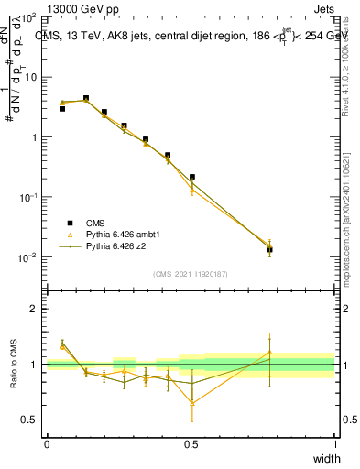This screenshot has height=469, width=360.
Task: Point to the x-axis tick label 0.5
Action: (x=191, y=444)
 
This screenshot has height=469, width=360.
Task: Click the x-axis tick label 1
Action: (x=334, y=444)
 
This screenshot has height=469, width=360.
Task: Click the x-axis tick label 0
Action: (x=47, y=444)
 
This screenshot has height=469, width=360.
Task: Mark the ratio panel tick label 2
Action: (x=34, y=309)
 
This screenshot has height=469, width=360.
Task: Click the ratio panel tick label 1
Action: (x=34, y=365)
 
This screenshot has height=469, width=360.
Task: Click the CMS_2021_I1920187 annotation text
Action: (x=191, y=273)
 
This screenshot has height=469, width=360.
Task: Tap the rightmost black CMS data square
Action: (x=269, y=249)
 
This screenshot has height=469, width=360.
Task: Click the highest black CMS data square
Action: (x=86, y=98)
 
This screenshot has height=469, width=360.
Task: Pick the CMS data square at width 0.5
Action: (x=192, y=177)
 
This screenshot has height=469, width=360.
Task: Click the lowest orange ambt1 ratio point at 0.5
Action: (x=192, y=403)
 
